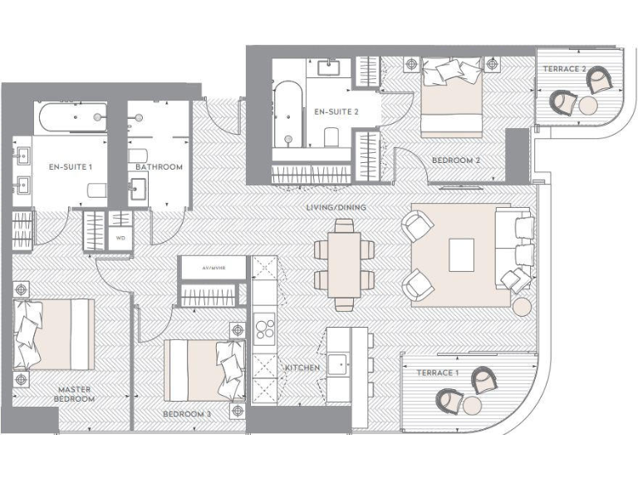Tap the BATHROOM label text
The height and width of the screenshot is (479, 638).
coord(159,167)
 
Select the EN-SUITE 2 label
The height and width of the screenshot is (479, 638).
coord(336,111)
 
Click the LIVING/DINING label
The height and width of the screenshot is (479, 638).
coord(336,207)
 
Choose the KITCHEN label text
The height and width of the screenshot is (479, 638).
coord(302,367)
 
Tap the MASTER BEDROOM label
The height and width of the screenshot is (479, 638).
coord(76,394)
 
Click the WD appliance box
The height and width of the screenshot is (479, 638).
coord(120,237)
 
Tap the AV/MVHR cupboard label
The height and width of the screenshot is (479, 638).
coord(213,268)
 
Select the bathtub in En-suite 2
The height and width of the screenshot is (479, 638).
coord(288,111)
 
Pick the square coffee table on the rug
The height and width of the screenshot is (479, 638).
coord(462,254)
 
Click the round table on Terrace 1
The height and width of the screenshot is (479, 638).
coord(471,405)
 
